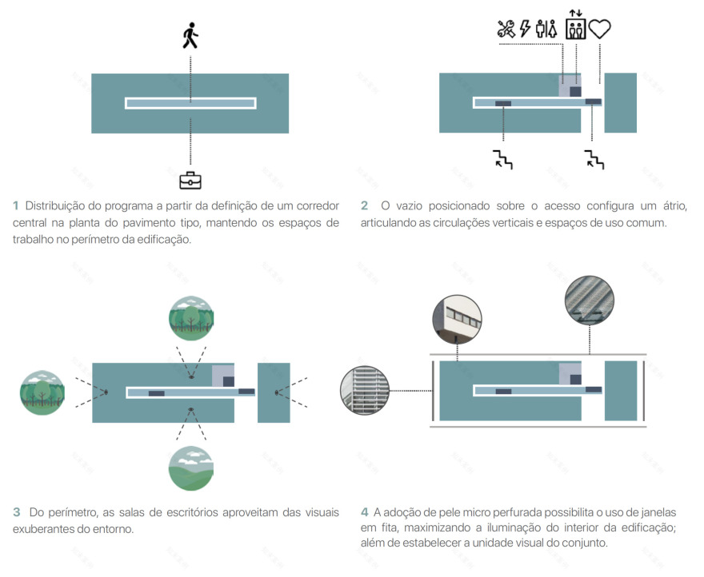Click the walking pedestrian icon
190,36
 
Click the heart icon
600,30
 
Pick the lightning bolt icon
526,30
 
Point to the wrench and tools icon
506,30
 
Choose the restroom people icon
547,30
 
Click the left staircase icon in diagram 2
502,159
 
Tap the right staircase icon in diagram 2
594,159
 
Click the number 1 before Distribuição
16,205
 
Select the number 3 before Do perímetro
16,511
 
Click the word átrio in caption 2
650,205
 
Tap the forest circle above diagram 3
190,318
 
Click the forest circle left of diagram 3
42,392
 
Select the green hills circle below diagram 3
190,468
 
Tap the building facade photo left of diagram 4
363,392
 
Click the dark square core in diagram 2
575,91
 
